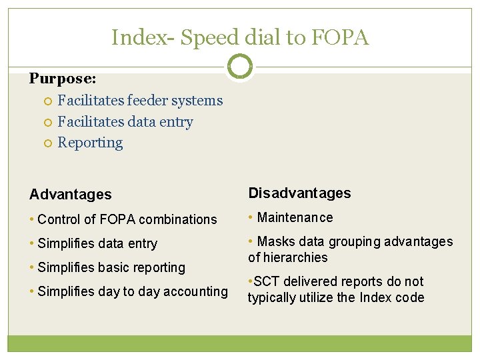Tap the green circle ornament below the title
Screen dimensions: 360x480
click(x=239, y=67)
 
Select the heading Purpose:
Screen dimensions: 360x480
click(x=63, y=79)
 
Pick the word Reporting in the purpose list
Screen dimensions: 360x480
click(x=90, y=143)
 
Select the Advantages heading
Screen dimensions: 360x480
click(x=71, y=195)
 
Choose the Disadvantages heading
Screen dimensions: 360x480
click(x=299, y=193)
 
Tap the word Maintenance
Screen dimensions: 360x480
click(x=295, y=217)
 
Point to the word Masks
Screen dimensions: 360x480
click(x=273, y=241)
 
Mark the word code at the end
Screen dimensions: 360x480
click(x=410, y=297)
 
